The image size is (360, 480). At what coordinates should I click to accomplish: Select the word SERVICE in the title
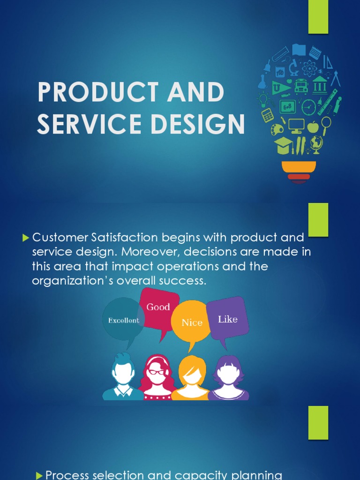click(87, 124)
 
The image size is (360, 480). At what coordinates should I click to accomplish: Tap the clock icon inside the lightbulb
click(308, 107)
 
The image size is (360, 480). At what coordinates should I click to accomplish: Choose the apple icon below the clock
click(312, 127)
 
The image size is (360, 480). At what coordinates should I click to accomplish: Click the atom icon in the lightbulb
click(309, 69)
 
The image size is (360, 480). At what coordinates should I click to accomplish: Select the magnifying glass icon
click(326, 124)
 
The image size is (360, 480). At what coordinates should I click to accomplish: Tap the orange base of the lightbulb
click(299, 167)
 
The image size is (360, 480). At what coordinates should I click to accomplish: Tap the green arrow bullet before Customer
click(26, 239)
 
